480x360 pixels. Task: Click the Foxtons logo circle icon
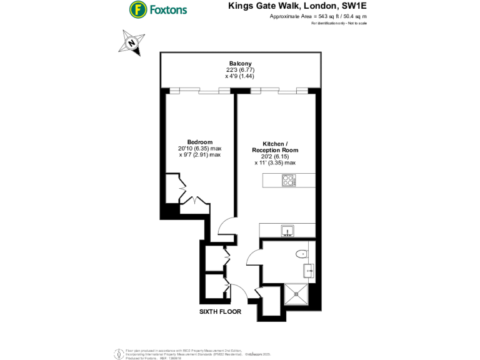138,9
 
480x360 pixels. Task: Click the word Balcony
240,64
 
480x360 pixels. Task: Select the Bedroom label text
199,142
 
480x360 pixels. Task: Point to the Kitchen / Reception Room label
275,146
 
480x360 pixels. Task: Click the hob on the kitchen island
289,180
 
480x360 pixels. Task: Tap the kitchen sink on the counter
288,231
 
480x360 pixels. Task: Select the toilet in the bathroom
302,254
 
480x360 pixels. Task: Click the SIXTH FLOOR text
220,311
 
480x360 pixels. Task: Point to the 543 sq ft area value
319,17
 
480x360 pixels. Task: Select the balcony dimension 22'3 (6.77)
240,70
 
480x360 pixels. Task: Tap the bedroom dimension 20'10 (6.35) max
199,149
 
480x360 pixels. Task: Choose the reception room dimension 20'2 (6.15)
275,156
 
